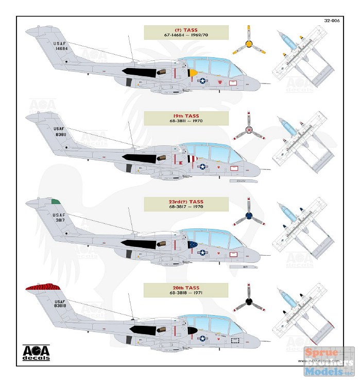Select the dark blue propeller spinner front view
(249, 216)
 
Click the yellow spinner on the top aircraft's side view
(193, 73)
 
